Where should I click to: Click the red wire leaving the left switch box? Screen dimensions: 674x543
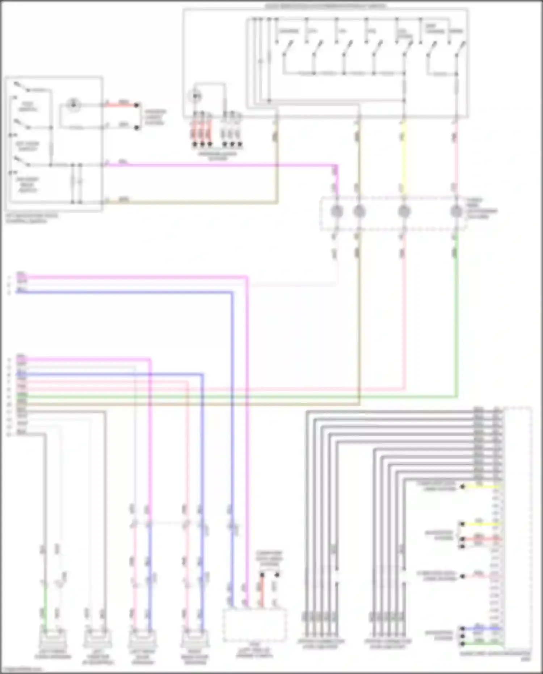coord(121,105)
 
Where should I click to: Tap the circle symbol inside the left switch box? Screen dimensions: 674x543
coord(74,104)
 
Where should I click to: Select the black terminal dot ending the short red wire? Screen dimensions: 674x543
coord(137,105)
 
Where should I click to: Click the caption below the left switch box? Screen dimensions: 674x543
coord(31,218)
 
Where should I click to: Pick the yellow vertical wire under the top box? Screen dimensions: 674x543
coord(404,156)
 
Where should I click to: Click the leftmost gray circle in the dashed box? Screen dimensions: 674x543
coord(337,211)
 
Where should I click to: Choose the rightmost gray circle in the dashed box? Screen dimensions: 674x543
coord(456,211)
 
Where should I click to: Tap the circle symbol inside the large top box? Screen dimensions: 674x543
coord(196,96)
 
